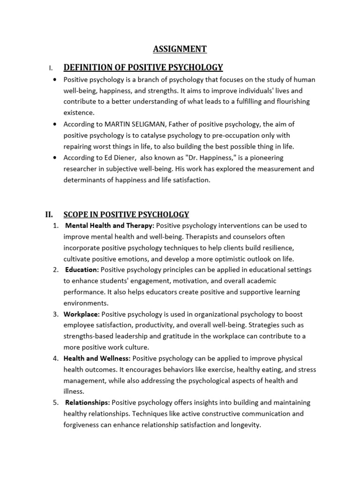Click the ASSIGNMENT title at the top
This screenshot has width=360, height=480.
pyautogui.click(x=180, y=49)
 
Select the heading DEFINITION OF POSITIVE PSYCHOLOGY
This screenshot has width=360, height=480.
pyautogui.click(x=143, y=67)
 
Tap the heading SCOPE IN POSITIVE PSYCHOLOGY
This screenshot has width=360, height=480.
pyautogui.click(x=126, y=215)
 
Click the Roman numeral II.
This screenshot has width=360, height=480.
pyautogui.click(x=49, y=215)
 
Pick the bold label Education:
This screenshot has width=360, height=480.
pyautogui.click(x=82, y=270)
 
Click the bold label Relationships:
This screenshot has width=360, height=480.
pyautogui.click(x=88, y=403)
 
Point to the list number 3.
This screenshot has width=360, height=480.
pyautogui.click(x=56, y=314)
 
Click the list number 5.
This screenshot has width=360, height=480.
pyautogui.click(x=56, y=403)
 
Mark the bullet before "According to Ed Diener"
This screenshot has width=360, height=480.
pyautogui.click(x=56, y=157)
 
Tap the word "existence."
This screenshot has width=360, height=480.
pyautogui.click(x=79, y=113)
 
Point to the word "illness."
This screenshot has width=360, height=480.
pyautogui.click(x=74, y=391)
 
